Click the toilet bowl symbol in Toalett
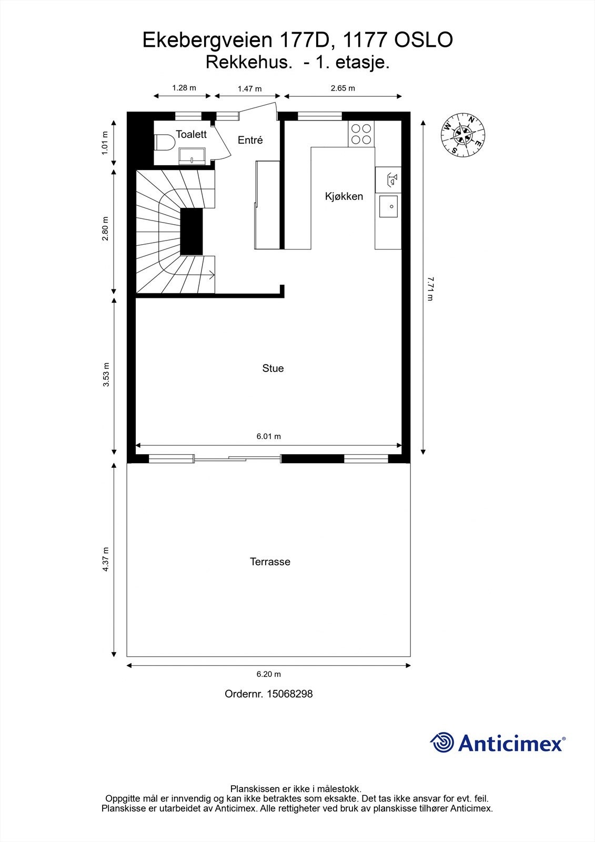[165, 143]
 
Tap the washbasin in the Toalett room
[192, 156]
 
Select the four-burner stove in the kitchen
[361, 134]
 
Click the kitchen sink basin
[388, 206]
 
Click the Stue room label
[273, 368]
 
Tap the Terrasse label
[270, 562]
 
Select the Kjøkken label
[344, 196]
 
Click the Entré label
[250, 140]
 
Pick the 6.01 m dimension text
[268, 436]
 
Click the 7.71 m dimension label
[430, 288]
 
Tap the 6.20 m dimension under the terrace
[268, 674]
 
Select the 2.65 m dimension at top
[342, 88]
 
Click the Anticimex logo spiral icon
[442, 743]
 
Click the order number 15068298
[289, 694]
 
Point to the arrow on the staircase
[211, 274]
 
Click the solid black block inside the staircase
[191, 232]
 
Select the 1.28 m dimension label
[184, 88]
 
